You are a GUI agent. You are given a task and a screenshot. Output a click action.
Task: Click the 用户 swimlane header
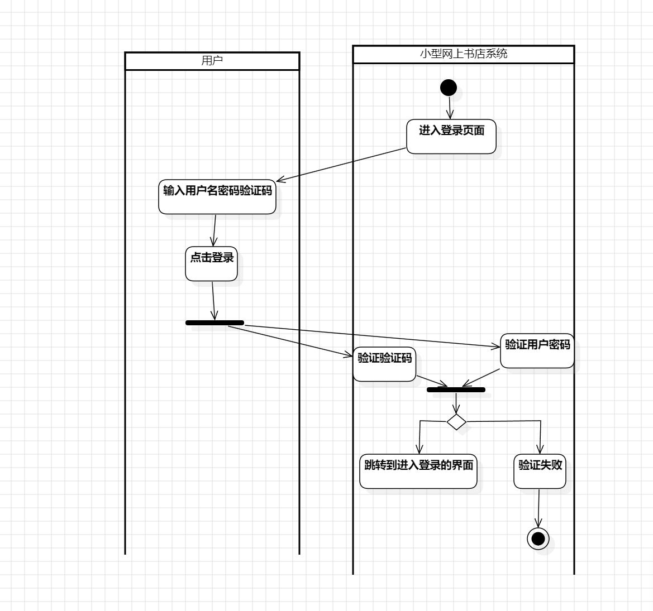click(x=212, y=61)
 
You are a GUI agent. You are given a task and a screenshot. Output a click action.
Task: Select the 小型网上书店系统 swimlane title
click(x=463, y=54)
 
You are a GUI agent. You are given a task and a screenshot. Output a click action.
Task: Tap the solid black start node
click(x=449, y=88)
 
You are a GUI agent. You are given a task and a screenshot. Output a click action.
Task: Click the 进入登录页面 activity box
click(x=451, y=137)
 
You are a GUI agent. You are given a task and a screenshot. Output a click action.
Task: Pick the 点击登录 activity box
click(x=212, y=263)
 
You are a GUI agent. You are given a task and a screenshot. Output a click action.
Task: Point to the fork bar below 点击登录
click(x=215, y=323)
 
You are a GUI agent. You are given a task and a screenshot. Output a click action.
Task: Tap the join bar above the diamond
click(x=456, y=389)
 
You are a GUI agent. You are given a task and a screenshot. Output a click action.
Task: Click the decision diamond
click(x=456, y=422)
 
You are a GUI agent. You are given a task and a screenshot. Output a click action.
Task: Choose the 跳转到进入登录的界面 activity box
click(x=418, y=471)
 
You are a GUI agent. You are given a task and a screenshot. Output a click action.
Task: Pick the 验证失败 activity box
click(x=540, y=471)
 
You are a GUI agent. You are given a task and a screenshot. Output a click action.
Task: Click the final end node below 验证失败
click(x=538, y=538)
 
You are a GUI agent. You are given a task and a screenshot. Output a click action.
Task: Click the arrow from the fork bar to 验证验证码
click(x=290, y=340)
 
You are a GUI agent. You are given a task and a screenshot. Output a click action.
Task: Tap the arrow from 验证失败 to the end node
click(x=539, y=508)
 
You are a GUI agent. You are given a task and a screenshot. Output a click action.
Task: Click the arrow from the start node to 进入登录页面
click(x=450, y=108)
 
